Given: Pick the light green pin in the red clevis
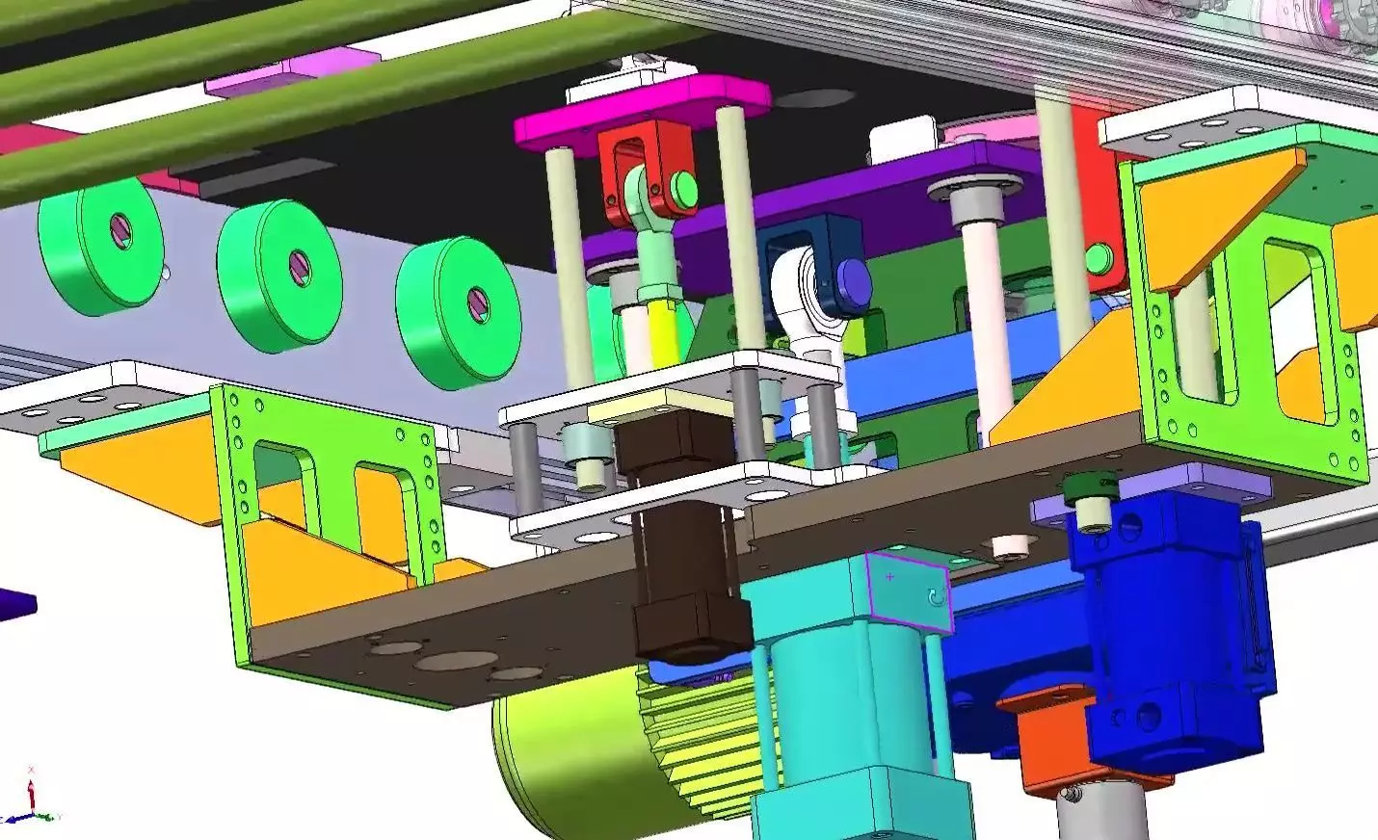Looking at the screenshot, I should tap(685, 187).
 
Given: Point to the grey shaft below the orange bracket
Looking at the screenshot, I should tap(1099, 814).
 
